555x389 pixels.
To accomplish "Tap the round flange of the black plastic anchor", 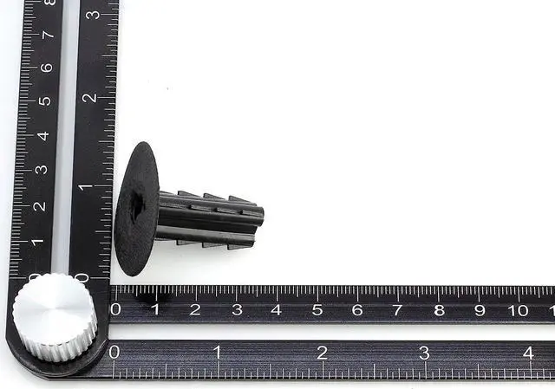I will click(x=136, y=209).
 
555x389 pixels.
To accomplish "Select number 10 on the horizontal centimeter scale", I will click(x=519, y=310).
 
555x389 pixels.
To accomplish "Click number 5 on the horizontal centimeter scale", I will click(x=317, y=309).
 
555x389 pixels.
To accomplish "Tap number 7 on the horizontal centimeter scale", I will click(x=397, y=309).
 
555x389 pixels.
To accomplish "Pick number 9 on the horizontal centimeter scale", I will click(x=479, y=309).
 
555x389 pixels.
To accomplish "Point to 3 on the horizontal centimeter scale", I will click(x=236, y=309).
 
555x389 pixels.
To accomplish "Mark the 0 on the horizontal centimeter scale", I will click(x=115, y=309).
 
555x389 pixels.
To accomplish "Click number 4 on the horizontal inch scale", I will click(x=528, y=353).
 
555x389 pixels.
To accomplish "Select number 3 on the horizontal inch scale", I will click(x=424, y=353).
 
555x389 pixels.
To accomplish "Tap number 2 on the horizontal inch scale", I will click(x=322, y=353).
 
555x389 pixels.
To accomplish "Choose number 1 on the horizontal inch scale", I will click(x=217, y=353).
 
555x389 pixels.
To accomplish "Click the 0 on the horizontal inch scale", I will click(x=114, y=352).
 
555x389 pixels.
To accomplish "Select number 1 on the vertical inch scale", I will click(x=85, y=186).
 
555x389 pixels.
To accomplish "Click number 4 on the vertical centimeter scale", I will click(x=42, y=135).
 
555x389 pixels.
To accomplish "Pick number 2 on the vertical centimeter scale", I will click(x=37, y=206).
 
